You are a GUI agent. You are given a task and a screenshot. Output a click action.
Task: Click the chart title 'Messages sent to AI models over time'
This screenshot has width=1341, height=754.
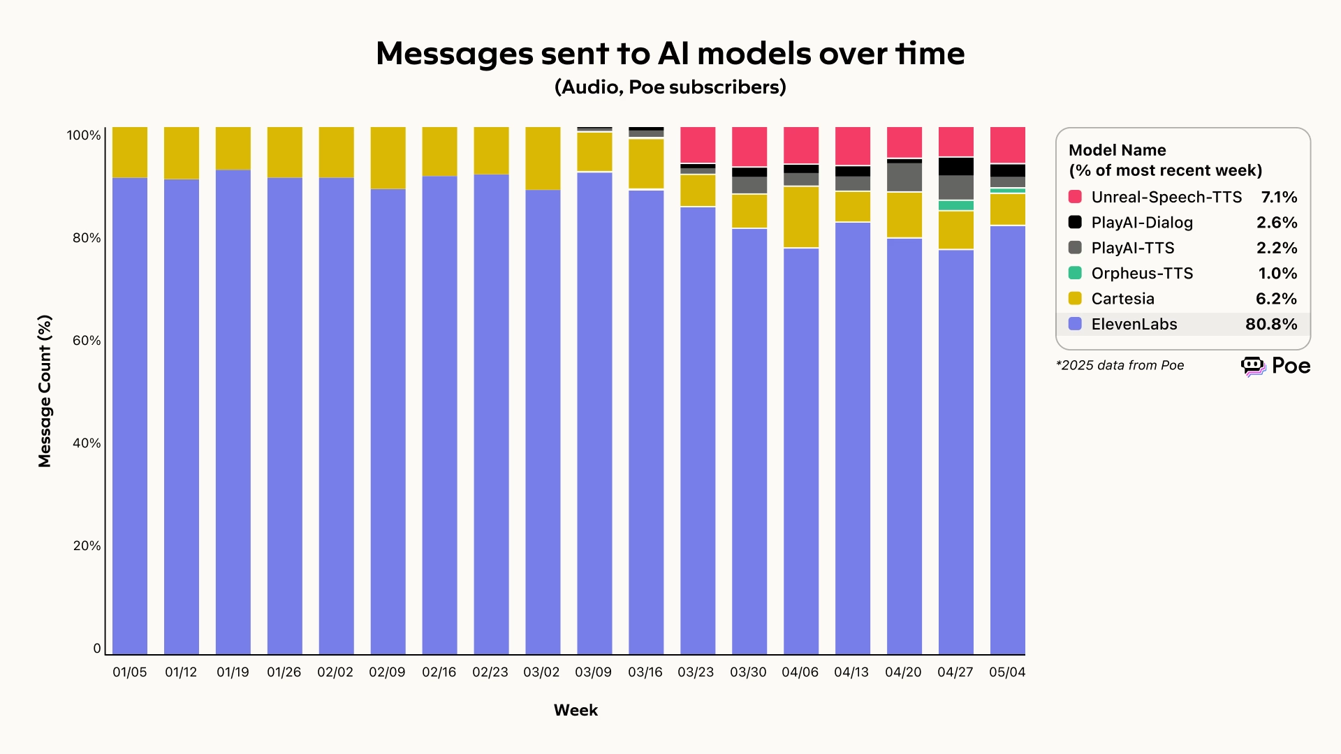click(670, 54)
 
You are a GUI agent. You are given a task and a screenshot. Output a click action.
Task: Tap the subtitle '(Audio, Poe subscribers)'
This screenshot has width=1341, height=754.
click(670, 87)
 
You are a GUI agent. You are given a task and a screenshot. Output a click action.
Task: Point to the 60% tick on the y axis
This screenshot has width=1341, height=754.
click(87, 341)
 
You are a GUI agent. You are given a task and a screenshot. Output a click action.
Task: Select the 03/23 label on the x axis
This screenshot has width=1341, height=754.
click(696, 672)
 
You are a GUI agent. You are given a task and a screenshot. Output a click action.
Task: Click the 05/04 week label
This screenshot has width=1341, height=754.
click(1007, 672)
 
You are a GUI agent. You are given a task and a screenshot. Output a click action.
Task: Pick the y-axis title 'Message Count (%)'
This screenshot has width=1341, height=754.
click(45, 391)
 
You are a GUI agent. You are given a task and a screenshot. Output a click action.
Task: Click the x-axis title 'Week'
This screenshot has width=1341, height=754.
click(576, 710)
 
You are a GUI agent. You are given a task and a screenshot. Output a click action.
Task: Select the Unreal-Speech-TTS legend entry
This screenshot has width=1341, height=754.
click(1166, 198)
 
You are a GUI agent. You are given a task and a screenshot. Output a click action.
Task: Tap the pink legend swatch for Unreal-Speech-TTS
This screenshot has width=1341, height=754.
click(1075, 197)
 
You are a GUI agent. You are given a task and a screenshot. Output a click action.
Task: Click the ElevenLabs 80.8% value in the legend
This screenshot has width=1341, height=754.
click(1270, 325)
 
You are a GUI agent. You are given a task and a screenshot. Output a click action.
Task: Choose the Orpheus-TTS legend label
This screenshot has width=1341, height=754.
click(1142, 274)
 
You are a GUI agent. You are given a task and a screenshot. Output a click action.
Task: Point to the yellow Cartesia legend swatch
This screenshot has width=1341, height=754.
click(1075, 299)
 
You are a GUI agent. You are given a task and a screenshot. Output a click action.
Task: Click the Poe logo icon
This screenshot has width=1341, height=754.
click(1253, 366)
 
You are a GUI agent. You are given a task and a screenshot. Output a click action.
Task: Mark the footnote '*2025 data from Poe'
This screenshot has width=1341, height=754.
click(1120, 366)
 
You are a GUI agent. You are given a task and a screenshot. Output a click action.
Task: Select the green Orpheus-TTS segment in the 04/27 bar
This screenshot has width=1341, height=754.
click(955, 205)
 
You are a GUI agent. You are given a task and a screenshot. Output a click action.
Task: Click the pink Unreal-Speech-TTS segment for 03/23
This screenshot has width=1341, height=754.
click(698, 145)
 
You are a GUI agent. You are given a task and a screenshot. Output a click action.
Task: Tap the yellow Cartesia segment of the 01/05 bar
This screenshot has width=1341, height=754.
click(130, 152)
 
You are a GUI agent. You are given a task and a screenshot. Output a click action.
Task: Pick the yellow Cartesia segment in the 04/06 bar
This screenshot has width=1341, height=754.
click(801, 216)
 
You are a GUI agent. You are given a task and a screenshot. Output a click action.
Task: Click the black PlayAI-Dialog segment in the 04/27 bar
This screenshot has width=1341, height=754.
click(955, 166)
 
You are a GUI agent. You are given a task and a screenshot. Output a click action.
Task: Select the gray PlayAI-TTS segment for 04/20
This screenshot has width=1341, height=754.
click(904, 177)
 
